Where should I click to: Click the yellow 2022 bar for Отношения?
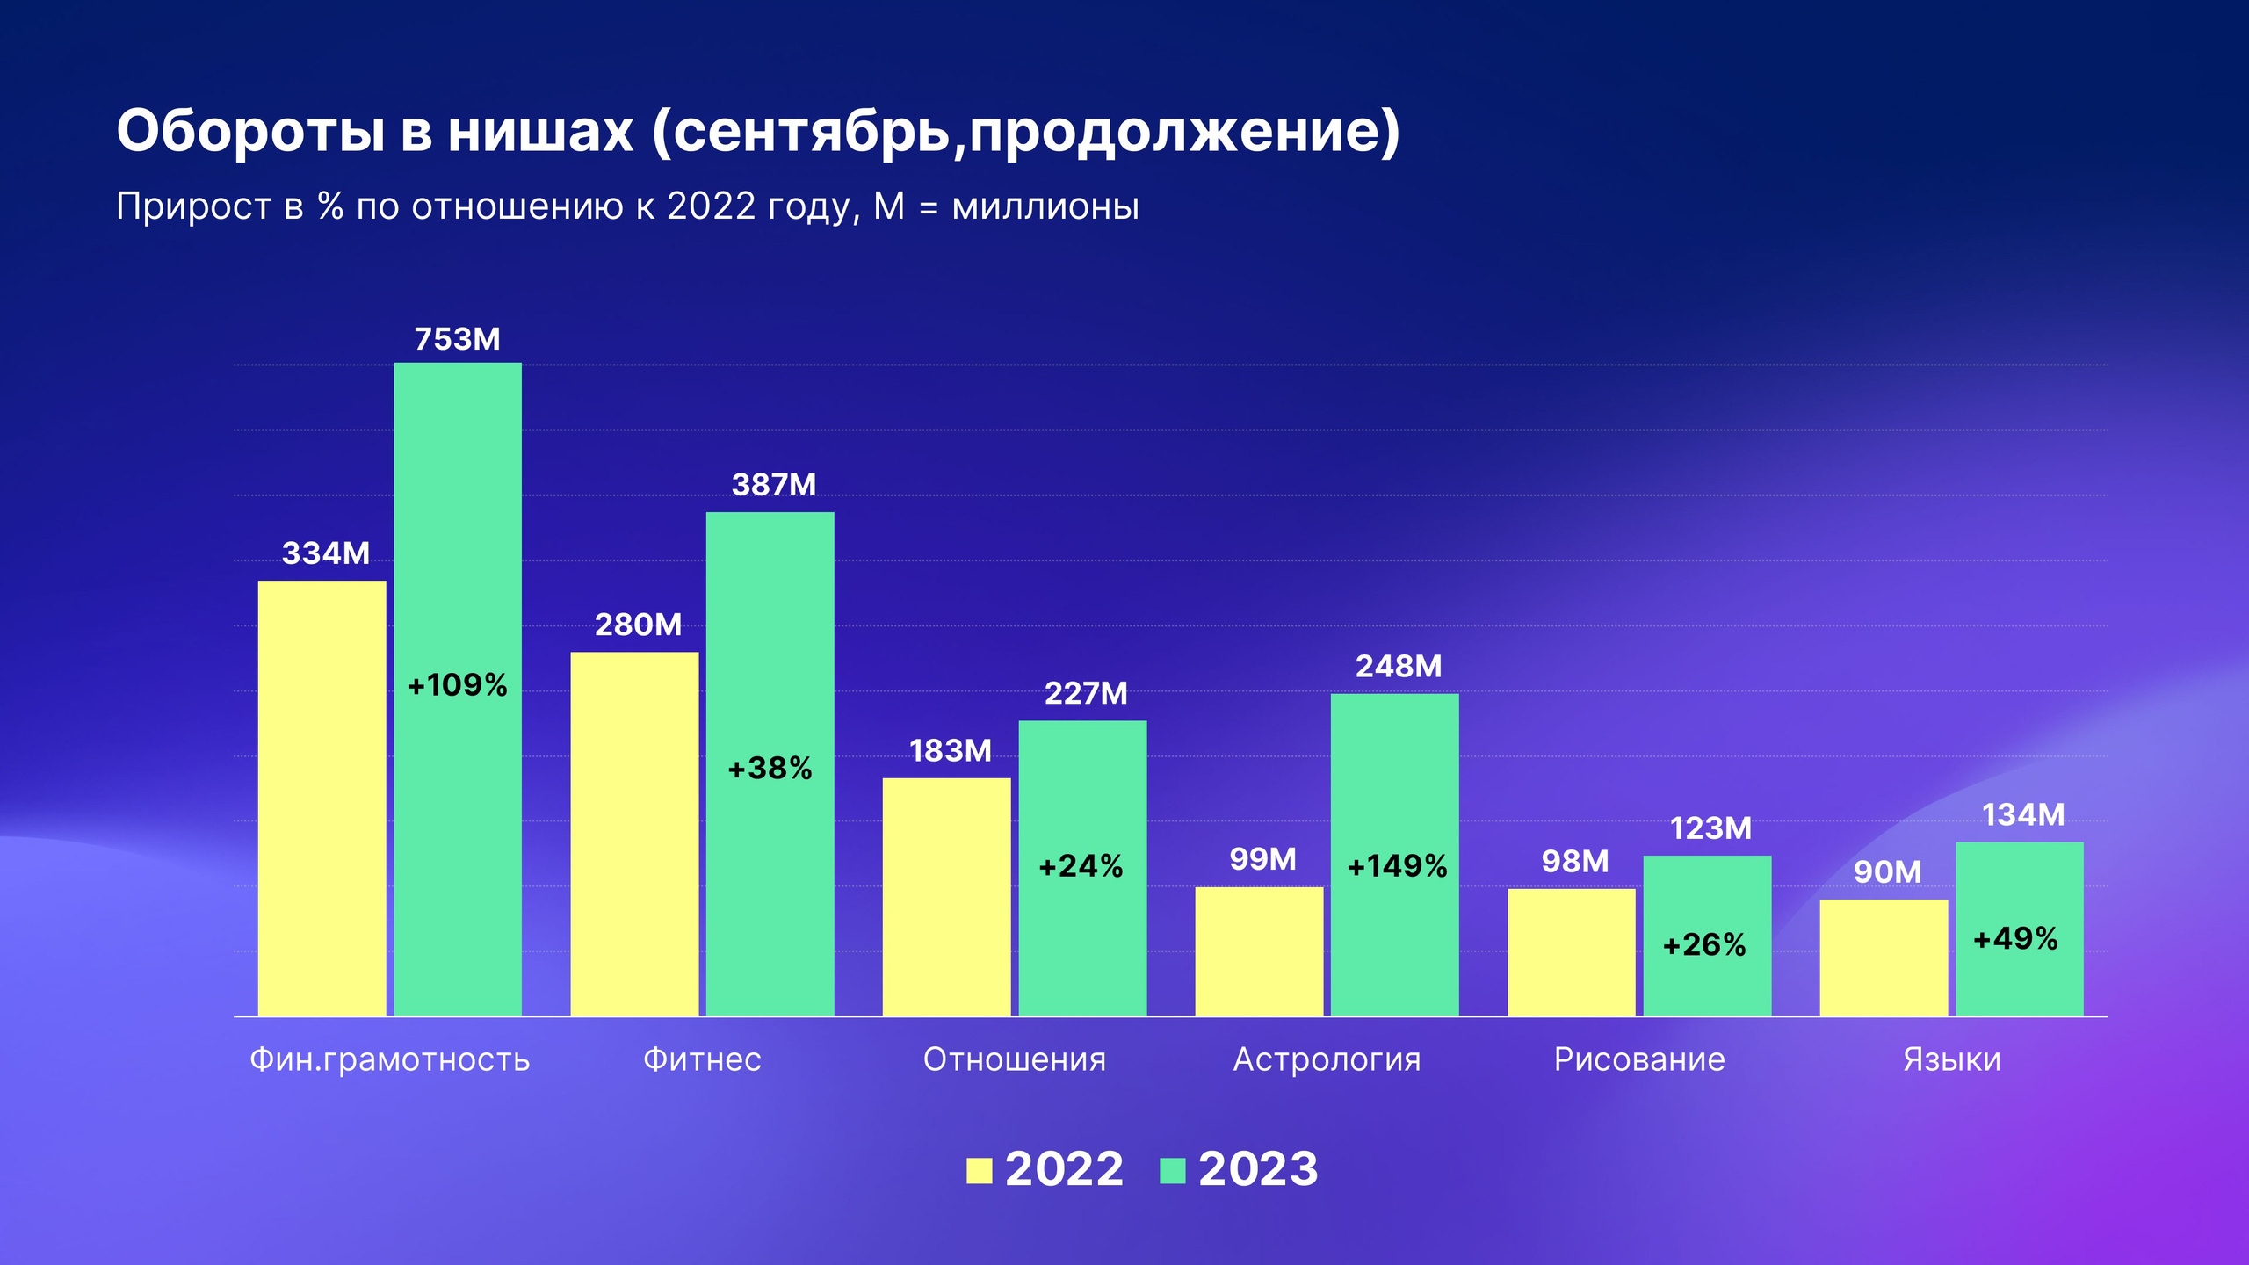click(946, 896)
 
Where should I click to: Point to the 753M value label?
click(457, 339)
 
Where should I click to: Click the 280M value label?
click(638, 625)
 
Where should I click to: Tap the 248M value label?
click(1399, 666)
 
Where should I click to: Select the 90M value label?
click(1887, 872)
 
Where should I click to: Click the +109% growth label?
click(457, 685)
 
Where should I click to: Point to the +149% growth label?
click(1397, 867)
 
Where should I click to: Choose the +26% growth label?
click(1704, 945)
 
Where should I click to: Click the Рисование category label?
click(1639, 1059)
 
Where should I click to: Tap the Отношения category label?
click(1015, 1059)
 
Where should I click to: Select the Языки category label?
click(1952, 1059)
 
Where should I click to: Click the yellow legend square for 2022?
click(979, 1171)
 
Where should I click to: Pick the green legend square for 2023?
click(1172, 1171)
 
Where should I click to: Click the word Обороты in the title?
click(250, 132)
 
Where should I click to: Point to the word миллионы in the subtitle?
click(1045, 207)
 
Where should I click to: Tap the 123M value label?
click(1710, 828)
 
